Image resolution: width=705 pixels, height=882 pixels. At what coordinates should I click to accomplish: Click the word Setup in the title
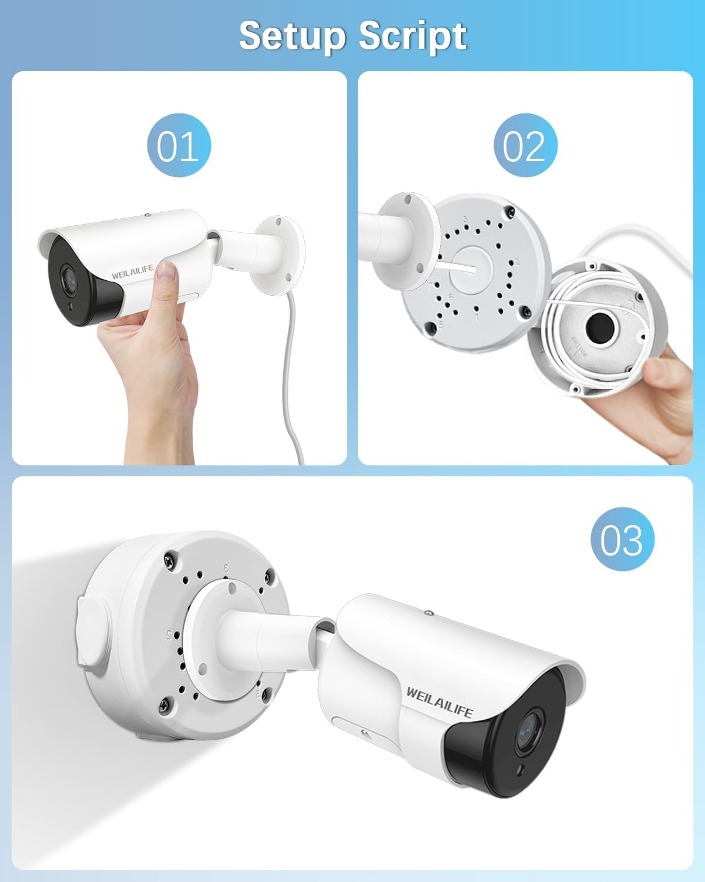292,36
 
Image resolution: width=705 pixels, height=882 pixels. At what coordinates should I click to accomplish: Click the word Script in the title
412,36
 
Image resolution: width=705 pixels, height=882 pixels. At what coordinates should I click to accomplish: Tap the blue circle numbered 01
179,145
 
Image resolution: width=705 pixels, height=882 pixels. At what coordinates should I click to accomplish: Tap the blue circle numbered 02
525,145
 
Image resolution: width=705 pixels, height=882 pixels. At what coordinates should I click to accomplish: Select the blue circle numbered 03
622,539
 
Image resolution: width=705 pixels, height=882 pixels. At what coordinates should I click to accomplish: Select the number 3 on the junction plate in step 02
465,219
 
